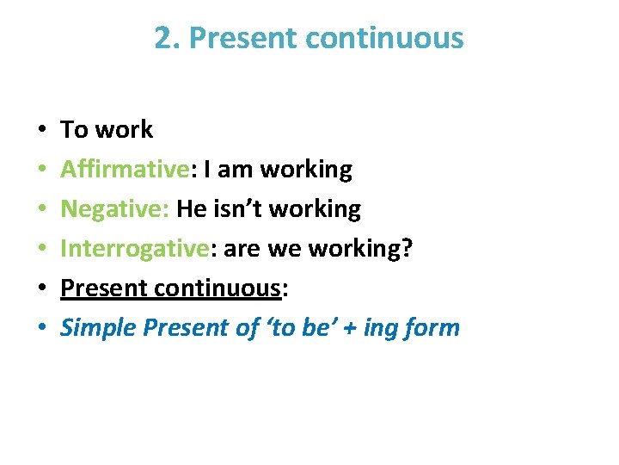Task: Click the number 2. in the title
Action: coord(167,38)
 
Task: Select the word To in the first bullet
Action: coord(75,130)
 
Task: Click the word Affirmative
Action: coord(124,170)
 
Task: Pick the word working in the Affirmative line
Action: coord(306,170)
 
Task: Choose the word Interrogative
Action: coord(134,249)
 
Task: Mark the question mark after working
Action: coord(408,249)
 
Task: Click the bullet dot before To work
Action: coord(43,131)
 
